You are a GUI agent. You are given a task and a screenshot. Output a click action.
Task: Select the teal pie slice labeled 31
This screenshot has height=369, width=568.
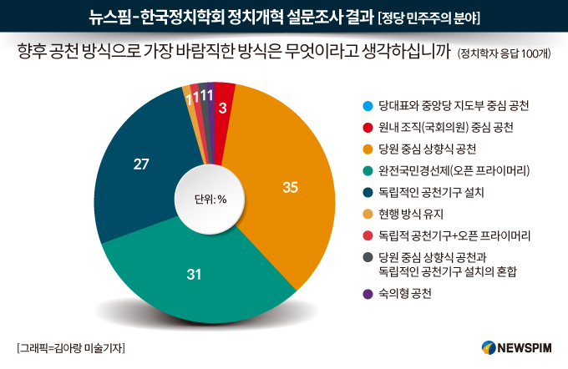pyautogui.click(x=195, y=275)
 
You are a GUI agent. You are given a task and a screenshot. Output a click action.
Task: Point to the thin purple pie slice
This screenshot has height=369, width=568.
pyautogui.click(x=211, y=109)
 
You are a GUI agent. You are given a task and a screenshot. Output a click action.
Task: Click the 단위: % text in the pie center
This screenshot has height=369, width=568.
pyautogui.click(x=210, y=200)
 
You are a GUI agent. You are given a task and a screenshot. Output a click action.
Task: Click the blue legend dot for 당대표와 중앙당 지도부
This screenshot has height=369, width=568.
pyautogui.click(x=368, y=106)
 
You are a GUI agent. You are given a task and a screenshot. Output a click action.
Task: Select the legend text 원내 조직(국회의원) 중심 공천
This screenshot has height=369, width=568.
pyautogui.click(x=445, y=128)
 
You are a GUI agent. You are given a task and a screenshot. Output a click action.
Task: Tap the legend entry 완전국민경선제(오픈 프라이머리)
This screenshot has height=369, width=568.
pyautogui.click(x=454, y=170)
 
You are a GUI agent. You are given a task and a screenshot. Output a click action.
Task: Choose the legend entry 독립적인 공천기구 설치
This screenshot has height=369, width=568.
pyautogui.click(x=431, y=192)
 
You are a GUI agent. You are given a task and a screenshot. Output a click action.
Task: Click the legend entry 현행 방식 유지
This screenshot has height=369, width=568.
pyautogui.click(x=411, y=214)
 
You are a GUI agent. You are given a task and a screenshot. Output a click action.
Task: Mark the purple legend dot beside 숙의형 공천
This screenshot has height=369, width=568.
pyautogui.click(x=368, y=294)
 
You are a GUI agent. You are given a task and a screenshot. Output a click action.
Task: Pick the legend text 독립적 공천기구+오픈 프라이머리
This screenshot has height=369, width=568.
pyautogui.click(x=454, y=235)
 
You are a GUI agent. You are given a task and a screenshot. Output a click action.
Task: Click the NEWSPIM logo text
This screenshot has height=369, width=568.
pyautogui.click(x=525, y=348)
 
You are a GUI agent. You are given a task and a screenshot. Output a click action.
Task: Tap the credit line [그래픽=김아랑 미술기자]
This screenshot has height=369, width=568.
pyautogui.click(x=71, y=348)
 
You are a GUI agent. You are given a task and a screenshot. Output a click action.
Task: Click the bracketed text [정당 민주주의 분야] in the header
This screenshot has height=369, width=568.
pyautogui.click(x=429, y=18)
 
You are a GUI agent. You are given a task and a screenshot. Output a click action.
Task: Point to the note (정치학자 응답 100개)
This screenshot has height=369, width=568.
pyautogui.click(x=504, y=53)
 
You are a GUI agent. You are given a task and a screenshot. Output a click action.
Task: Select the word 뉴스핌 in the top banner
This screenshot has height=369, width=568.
pyautogui.click(x=109, y=18)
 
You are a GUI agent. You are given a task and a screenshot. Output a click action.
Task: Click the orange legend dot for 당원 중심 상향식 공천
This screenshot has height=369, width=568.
pyautogui.click(x=368, y=149)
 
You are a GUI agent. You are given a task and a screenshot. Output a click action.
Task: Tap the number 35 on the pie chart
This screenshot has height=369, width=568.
pyautogui.click(x=290, y=187)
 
